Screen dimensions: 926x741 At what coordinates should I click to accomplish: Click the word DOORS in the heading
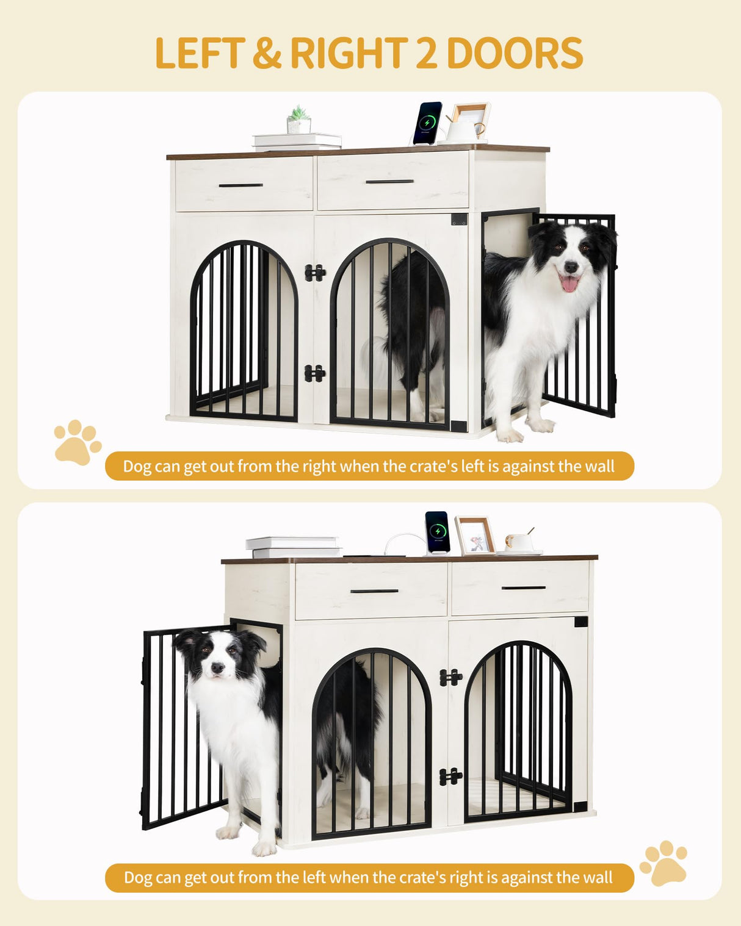(515, 54)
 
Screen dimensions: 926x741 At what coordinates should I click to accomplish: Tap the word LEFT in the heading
(200, 54)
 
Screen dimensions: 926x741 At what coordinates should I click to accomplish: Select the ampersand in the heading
(267, 54)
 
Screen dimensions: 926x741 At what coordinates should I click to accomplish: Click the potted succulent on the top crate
(298, 120)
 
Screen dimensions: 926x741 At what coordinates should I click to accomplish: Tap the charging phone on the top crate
(427, 123)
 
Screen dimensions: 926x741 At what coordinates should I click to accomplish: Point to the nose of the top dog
(571, 267)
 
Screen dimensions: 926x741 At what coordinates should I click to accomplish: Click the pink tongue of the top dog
(569, 283)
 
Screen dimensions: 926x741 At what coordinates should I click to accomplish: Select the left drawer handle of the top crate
(240, 185)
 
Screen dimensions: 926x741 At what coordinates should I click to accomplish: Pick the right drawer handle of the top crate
(389, 181)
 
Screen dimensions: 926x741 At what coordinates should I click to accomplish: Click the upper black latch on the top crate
(314, 273)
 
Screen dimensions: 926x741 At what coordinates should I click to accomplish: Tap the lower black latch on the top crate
(314, 373)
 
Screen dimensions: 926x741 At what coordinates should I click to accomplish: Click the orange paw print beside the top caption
(77, 442)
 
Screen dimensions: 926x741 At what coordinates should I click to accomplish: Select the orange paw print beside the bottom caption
(663, 863)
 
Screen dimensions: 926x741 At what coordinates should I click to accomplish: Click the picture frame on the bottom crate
(474, 536)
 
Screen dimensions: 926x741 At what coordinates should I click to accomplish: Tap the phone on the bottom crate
(437, 531)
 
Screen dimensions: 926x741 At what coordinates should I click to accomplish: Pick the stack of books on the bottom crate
(294, 547)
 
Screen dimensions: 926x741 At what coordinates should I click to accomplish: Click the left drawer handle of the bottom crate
(374, 591)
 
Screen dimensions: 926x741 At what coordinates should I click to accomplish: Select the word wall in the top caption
(599, 467)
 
